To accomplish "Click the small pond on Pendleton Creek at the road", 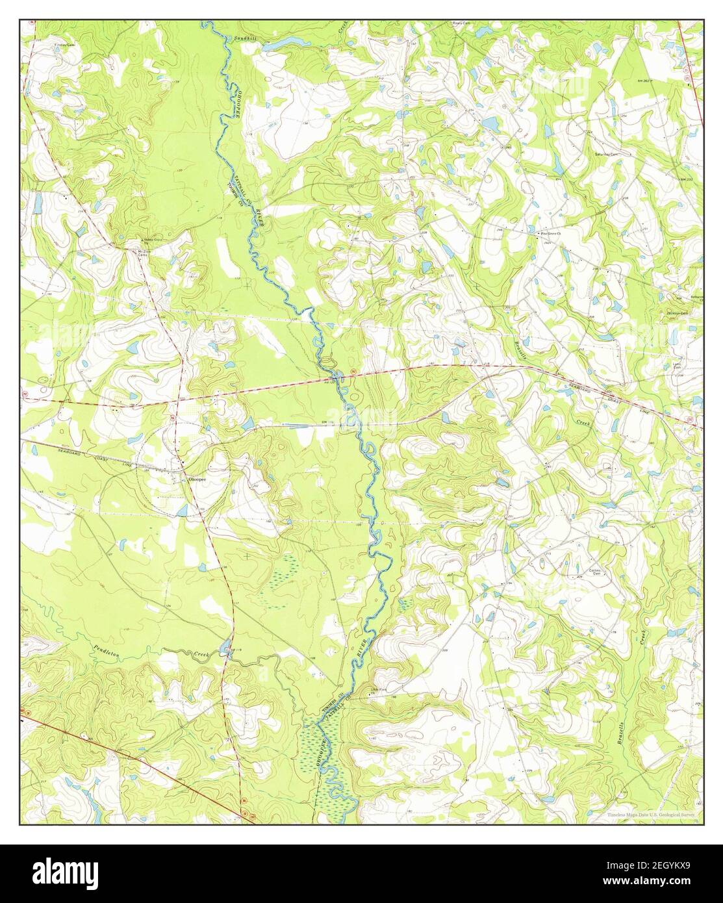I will coord(225,646).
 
